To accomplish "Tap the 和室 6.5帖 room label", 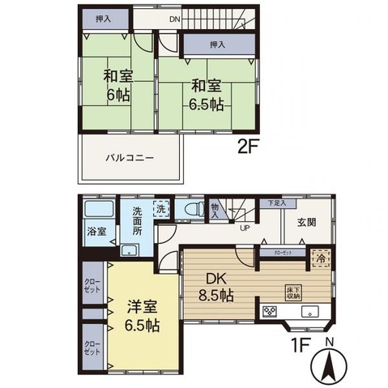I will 205,93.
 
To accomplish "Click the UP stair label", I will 243,228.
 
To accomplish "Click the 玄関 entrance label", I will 305,223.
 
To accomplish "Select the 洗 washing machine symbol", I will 161,207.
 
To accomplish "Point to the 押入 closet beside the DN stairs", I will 102,18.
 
